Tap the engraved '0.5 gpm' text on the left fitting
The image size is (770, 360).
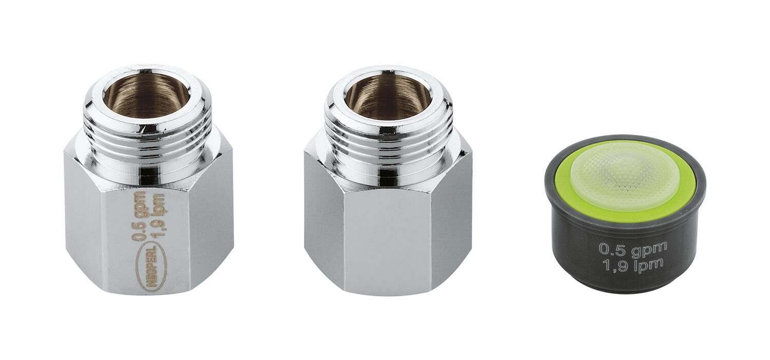pos(139,216)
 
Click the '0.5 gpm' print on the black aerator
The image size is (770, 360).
pos(632,249)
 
